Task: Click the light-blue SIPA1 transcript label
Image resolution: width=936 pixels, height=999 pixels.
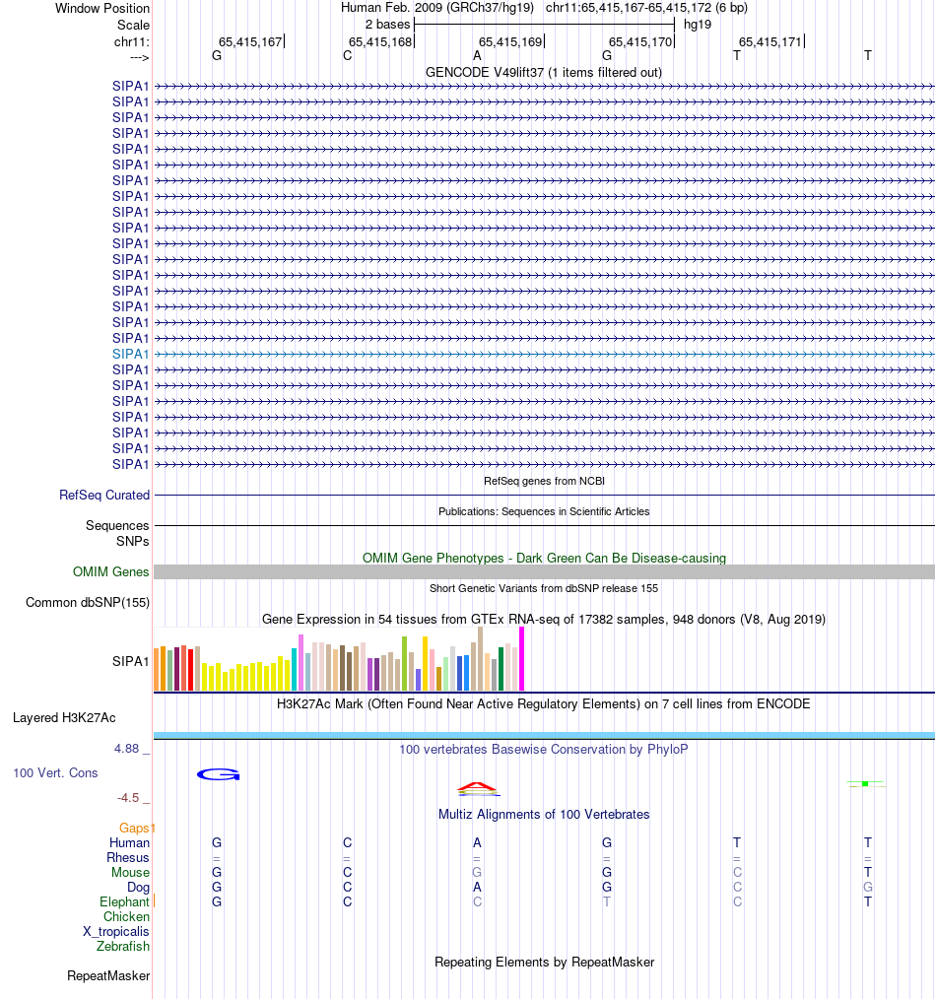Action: [131, 354]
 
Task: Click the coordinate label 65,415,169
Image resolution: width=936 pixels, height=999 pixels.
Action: [510, 42]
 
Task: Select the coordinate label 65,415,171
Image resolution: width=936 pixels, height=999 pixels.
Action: [770, 42]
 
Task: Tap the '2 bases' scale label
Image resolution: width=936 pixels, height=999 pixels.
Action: [387, 24]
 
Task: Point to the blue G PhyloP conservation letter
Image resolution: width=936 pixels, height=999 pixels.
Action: [218, 774]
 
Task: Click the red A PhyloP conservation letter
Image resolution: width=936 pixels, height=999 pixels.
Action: [478, 787]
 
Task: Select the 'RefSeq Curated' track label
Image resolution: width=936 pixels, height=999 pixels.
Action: [104, 496]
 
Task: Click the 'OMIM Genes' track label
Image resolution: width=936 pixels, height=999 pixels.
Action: [111, 572]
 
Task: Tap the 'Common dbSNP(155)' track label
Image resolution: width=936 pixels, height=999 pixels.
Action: [88, 603]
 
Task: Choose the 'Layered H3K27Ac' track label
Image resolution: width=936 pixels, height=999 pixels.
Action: [64, 717]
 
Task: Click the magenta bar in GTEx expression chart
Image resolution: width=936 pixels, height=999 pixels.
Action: [521, 658]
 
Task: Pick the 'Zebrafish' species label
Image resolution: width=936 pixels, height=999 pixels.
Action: [123, 947]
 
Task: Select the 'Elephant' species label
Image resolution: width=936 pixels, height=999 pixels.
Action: [124, 902]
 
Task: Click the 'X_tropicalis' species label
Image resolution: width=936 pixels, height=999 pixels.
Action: [116, 932]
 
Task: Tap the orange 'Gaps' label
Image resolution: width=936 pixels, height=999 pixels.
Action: [136, 829]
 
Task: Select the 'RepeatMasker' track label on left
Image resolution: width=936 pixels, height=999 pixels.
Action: [108, 976]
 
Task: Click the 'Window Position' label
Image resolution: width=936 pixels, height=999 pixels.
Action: [102, 8]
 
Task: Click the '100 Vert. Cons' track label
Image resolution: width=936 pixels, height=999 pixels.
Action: [55, 773]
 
